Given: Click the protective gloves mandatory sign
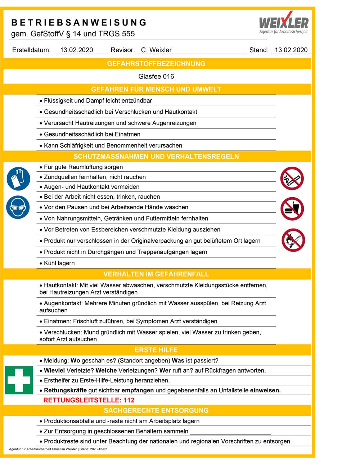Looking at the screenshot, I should tap(18, 179).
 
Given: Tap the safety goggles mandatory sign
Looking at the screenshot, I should tap(18, 207).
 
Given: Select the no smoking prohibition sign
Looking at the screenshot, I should tap(292, 178).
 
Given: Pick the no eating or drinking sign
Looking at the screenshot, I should tap(292, 209).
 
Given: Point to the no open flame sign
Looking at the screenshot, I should tap(293, 240).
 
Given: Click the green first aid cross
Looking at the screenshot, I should tap(19, 380).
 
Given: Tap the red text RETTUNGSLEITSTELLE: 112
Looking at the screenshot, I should tap(89, 400).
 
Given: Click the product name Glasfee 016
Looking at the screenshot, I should tap(156, 76).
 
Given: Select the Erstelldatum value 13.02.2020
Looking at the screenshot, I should tap(77, 50).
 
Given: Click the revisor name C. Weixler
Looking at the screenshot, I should tap(156, 50).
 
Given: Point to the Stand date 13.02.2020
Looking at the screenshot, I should tap(291, 50).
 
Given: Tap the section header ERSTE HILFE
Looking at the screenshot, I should tap(156, 350).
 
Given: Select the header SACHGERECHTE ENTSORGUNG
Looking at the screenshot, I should tap(156, 410).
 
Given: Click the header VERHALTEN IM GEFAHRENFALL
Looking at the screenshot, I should tap(156, 274).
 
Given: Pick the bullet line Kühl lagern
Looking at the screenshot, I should tap(59, 263).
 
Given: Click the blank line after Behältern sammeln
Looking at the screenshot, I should tap(230, 432).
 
